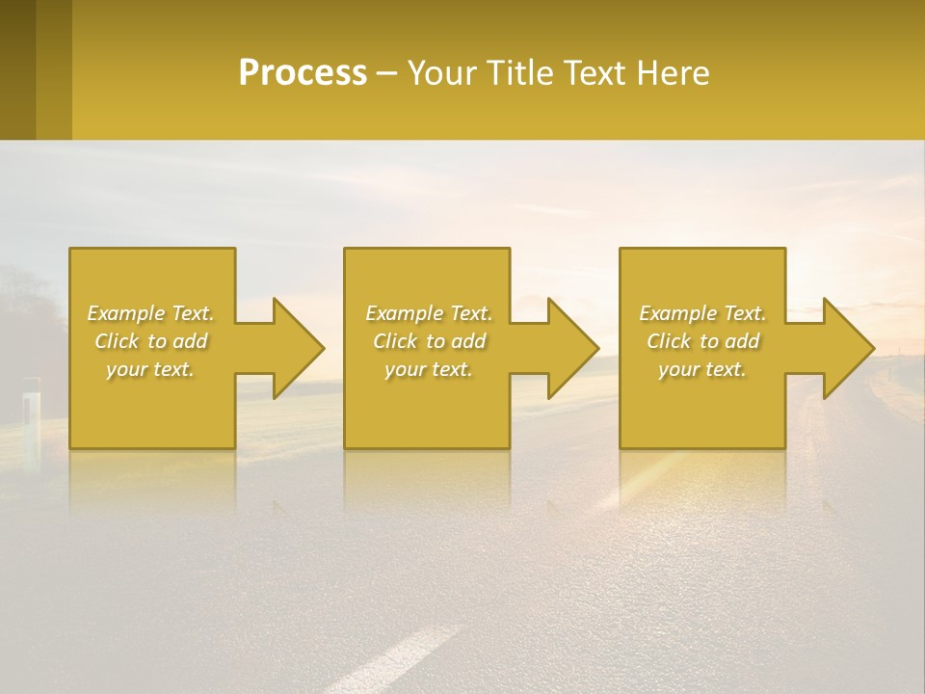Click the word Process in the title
tap(303, 73)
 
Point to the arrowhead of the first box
tap(293, 348)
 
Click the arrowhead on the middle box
tap(568, 348)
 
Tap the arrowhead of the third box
tap(843, 348)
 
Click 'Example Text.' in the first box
tap(151, 313)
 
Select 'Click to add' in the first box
tap(151, 341)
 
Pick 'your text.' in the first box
tap(151, 369)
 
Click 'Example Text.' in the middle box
tap(429, 313)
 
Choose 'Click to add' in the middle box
tap(429, 341)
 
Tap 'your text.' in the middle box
tap(429, 369)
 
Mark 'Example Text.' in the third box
tap(702, 313)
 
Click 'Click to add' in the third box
tap(702, 341)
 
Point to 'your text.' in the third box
tap(702, 369)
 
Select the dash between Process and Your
tap(386, 74)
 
